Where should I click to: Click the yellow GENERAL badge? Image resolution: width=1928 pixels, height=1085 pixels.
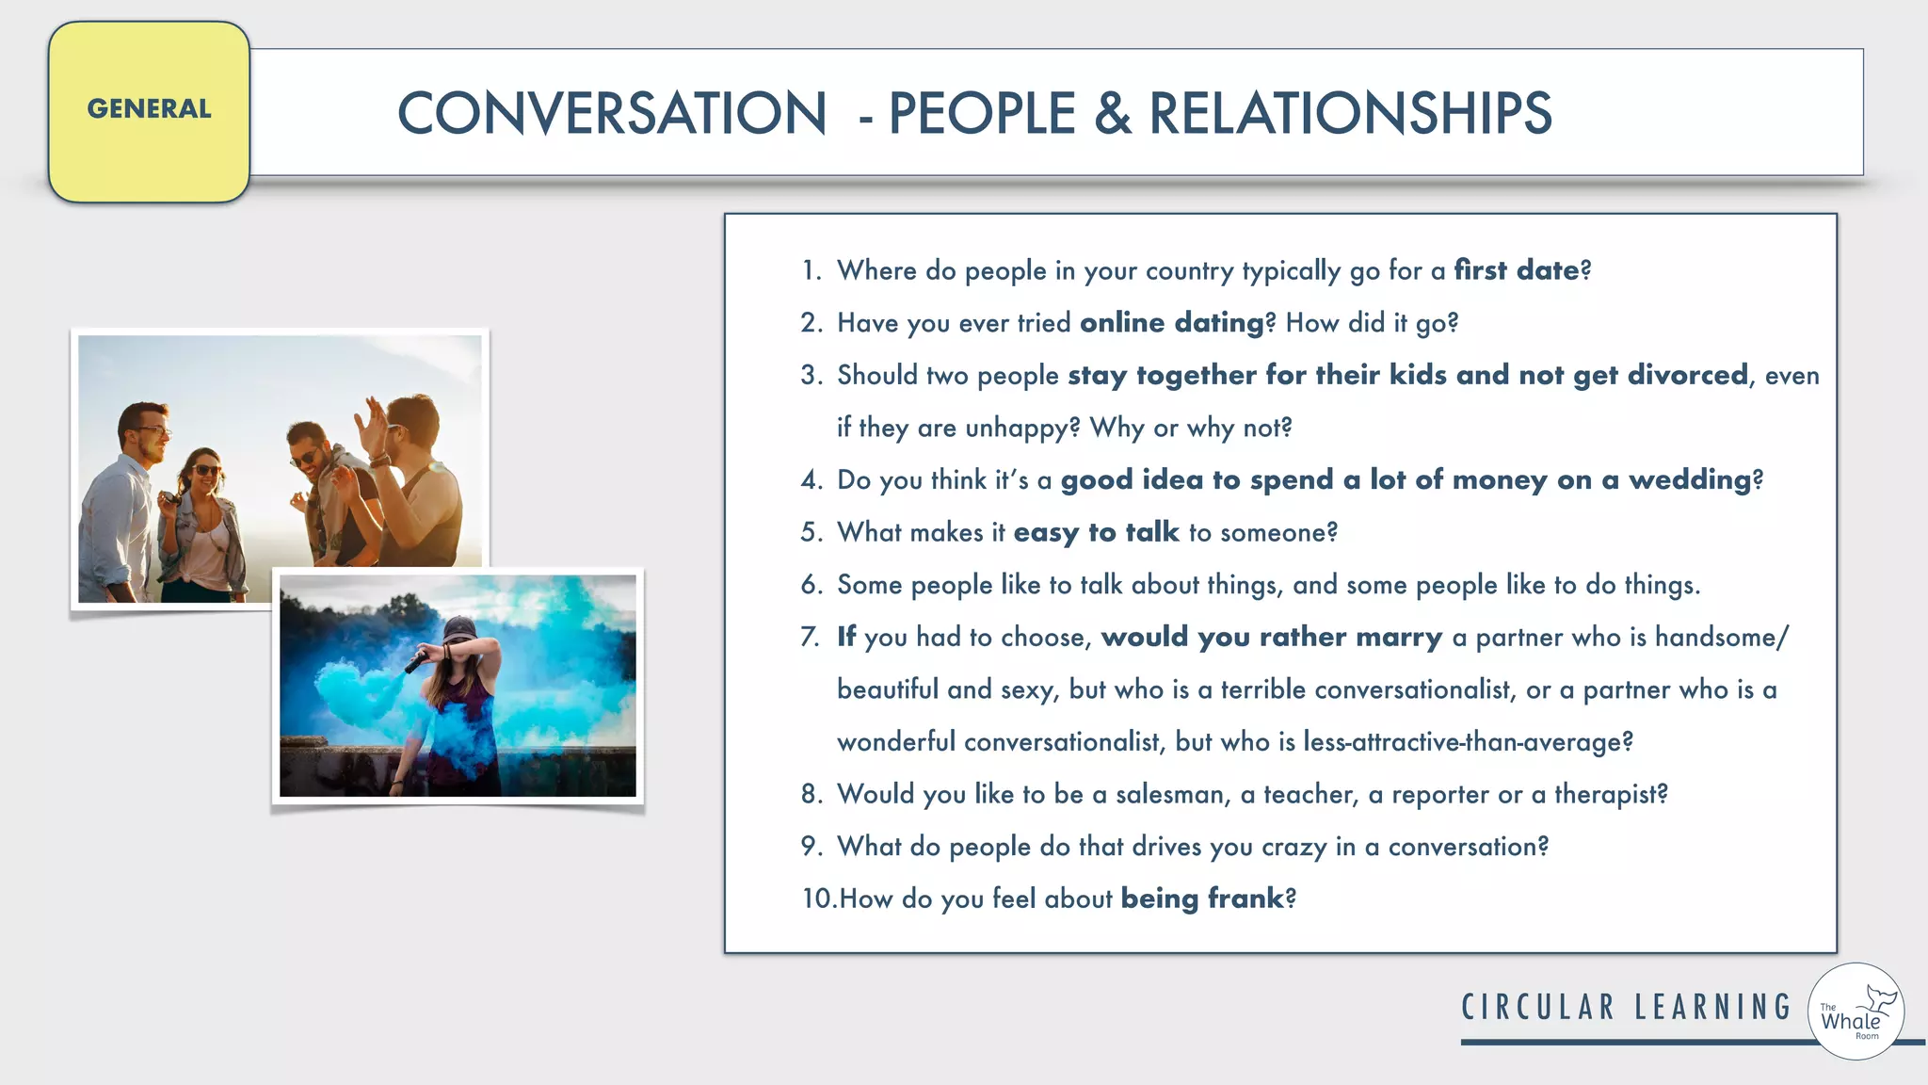(x=149, y=111)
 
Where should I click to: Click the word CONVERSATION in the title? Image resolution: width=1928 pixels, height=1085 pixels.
(x=612, y=114)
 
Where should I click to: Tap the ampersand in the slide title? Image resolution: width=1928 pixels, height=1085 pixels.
(x=1112, y=114)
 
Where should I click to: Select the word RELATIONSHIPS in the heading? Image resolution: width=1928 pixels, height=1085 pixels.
(x=1350, y=114)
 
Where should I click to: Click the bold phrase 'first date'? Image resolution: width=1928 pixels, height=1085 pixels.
(x=1516, y=270)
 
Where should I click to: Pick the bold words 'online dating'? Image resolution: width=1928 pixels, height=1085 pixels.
(x=1171, y=323)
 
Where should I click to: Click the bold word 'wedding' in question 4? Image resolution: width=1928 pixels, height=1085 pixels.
(x=1689, y=480)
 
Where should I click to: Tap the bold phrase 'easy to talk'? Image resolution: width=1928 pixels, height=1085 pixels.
(x=1096, y=532)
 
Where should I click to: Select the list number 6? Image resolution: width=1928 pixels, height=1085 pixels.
(x=811, y=585)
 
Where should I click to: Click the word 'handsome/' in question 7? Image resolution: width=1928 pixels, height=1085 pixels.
(x=1722, y=638)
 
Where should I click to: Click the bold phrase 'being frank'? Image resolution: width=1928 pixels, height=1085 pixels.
(x=1202, y=899)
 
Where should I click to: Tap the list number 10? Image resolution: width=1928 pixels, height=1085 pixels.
(x=817, y=899)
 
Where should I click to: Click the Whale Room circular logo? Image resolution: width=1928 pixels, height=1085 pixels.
(x=1856, y=1012)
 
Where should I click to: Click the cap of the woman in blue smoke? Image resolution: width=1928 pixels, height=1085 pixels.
(x=458, y=628)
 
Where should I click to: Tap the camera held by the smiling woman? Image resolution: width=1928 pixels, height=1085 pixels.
(x=170, y=498)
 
